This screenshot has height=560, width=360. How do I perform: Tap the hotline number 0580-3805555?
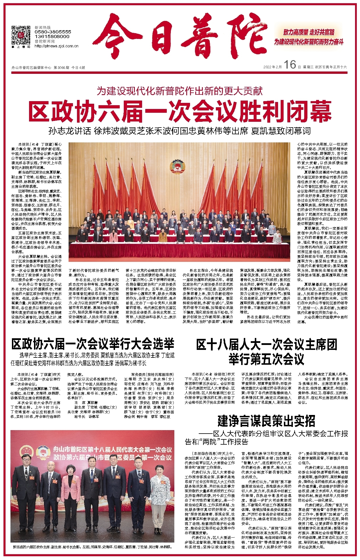click(53, 32)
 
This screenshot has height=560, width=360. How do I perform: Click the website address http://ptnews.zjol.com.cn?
click(56, 46)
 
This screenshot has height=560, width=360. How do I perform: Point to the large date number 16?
click(290, 65)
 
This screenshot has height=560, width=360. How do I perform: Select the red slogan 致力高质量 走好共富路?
click(309, 32)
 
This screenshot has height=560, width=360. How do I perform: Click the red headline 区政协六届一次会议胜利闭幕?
click(180, 111)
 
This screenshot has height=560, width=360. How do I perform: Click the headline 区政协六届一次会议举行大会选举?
click(93, 344)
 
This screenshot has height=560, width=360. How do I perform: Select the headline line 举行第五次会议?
click(266, 359)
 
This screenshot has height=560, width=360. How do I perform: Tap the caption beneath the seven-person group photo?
click(92, 547)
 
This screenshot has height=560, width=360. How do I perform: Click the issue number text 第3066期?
click(61, 67)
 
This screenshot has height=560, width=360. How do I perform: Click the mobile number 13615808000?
click(52, 37)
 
